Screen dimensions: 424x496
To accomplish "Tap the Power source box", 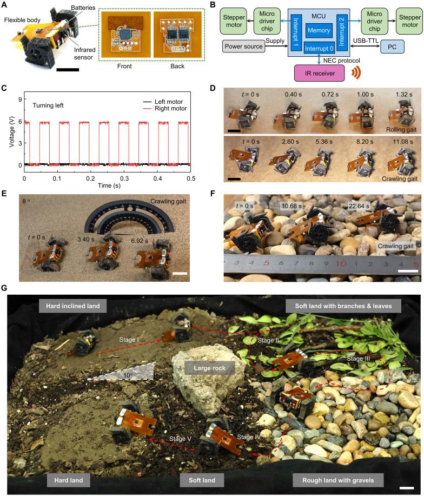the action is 244,47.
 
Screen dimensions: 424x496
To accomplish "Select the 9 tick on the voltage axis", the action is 19,99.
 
